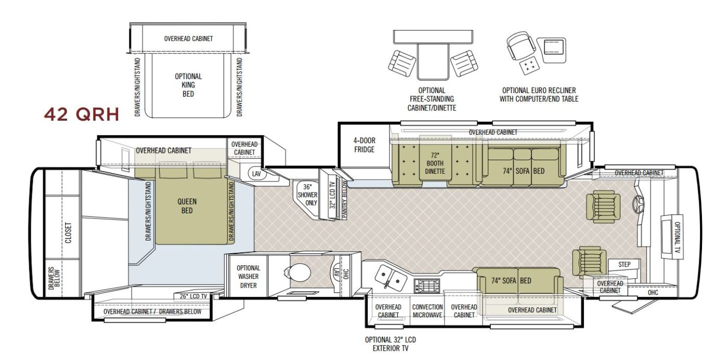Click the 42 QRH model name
(82, 114)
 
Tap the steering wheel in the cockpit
(638, 204)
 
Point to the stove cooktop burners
(427, 286)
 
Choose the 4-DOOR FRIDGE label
(365, 145)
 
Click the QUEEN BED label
(187, 206)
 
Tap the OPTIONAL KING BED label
(188, 85)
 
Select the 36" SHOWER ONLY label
(307, 195)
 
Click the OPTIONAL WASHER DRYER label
(249, 277)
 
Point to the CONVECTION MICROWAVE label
(427, 311)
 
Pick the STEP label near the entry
(624, 264)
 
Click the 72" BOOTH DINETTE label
(435, 163)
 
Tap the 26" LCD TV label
(193, 296)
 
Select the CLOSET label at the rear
(68, 233)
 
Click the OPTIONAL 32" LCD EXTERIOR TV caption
(391, 344)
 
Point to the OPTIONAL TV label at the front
(678, 237)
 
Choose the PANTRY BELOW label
(344, 199)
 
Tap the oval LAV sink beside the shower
(256, 174)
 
